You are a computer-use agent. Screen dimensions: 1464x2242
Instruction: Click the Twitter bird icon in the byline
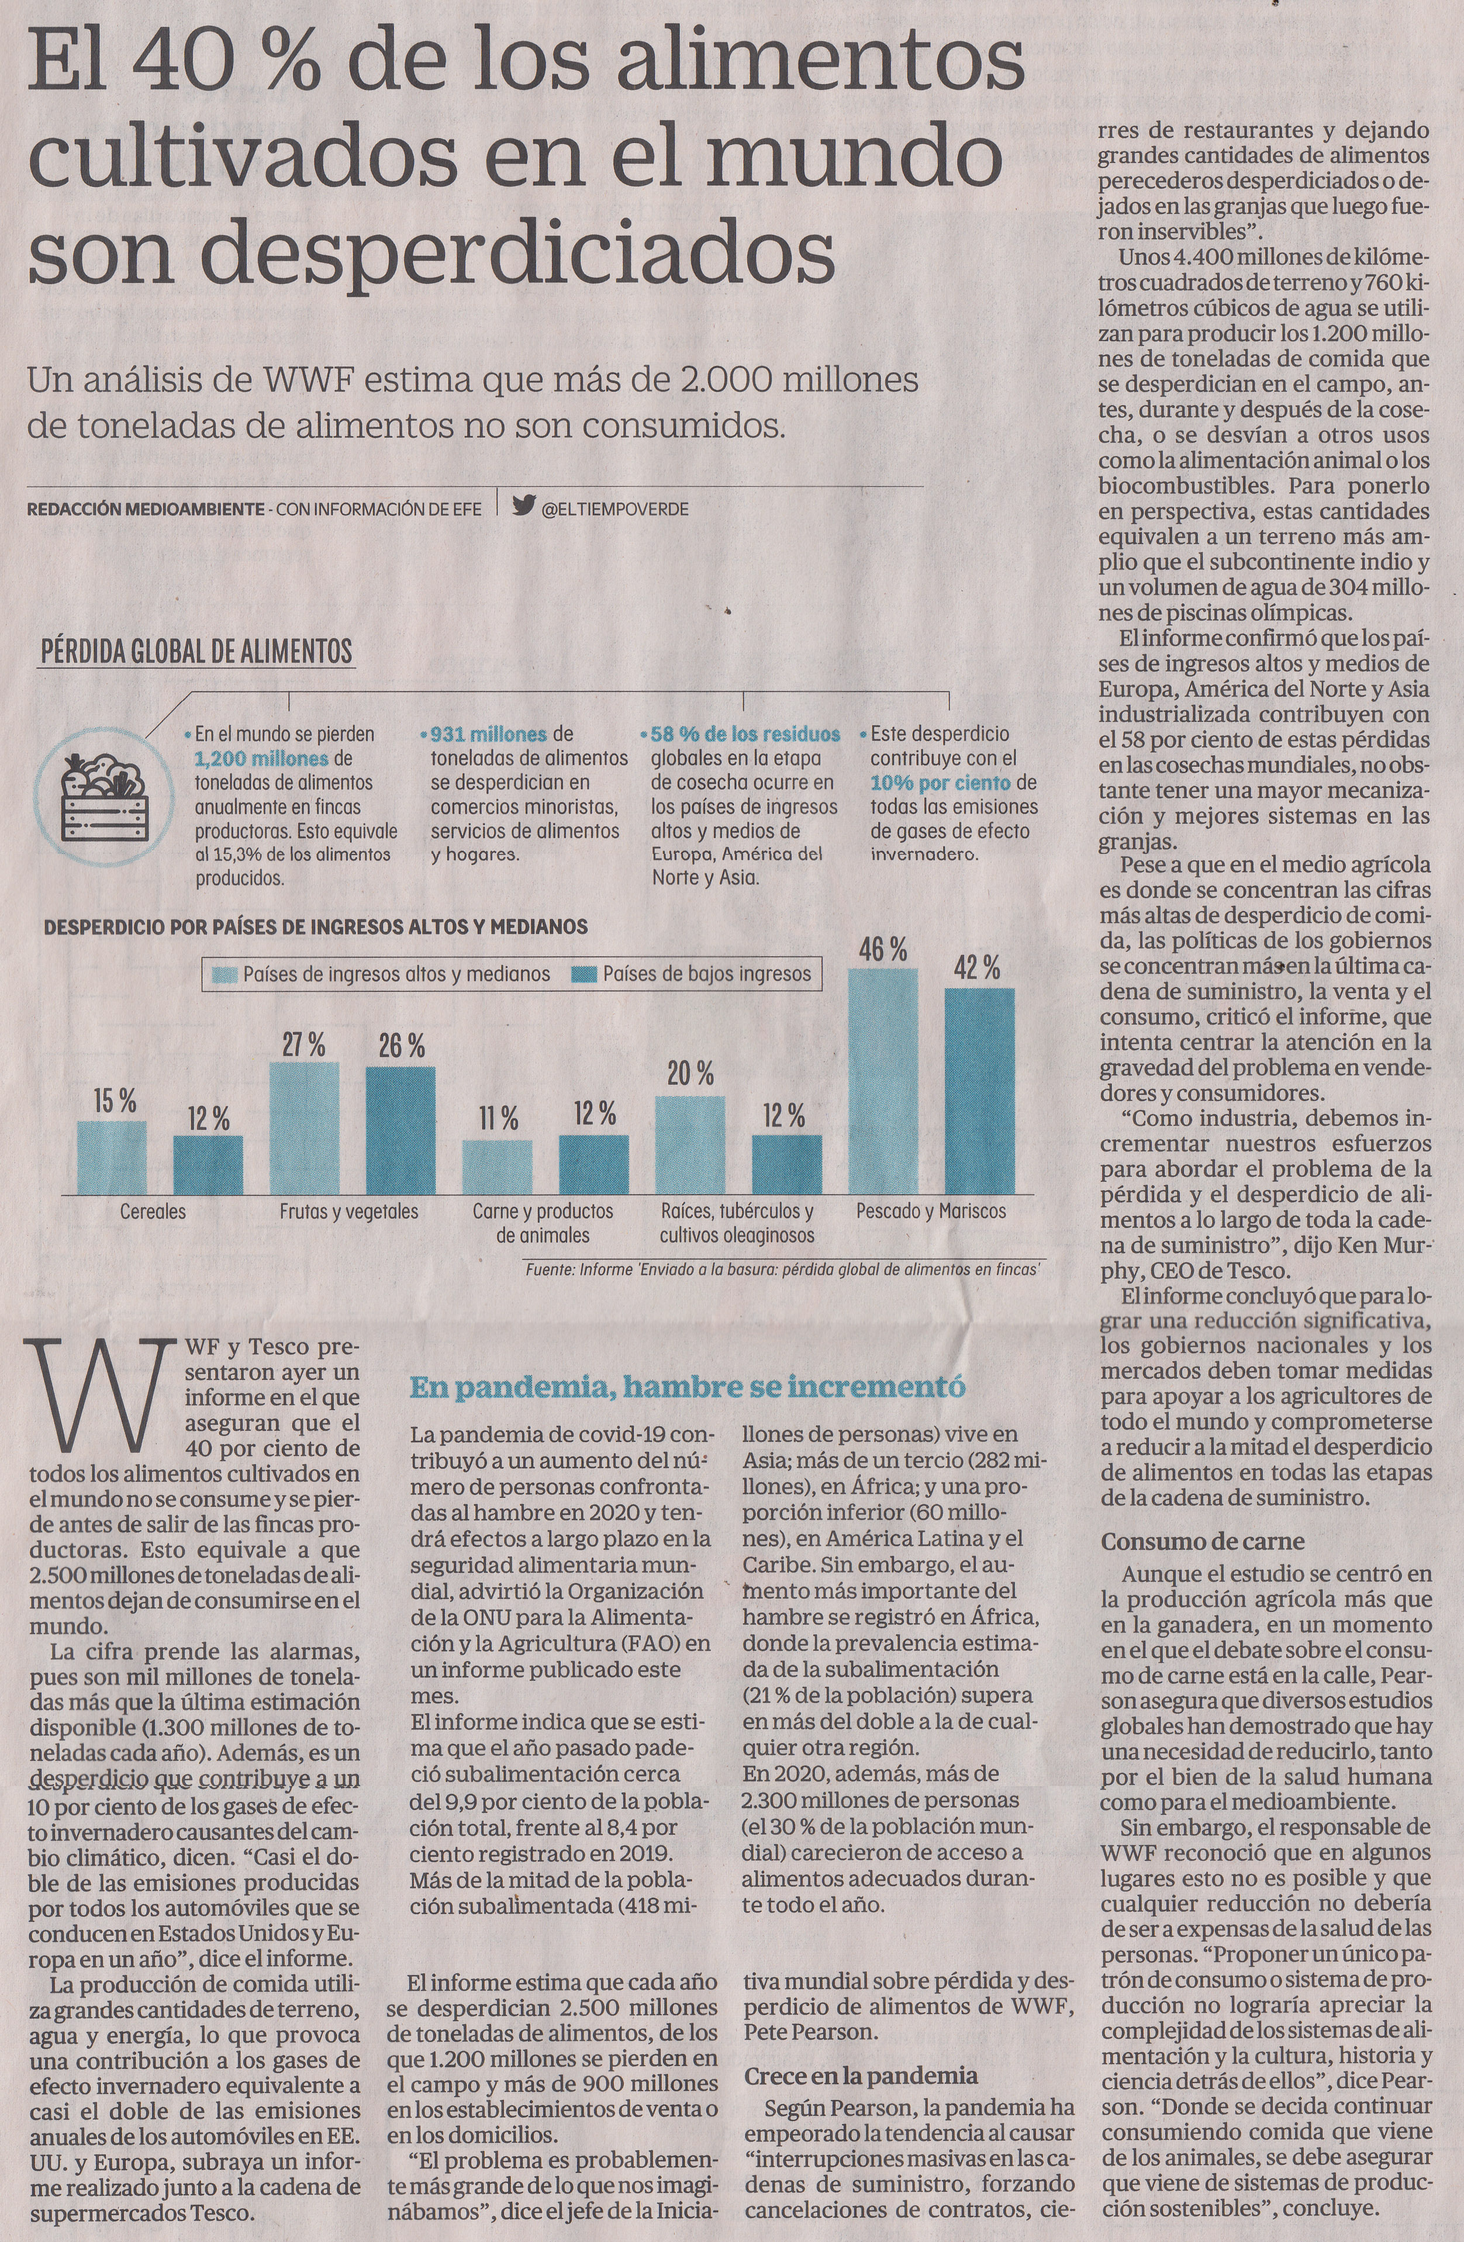pos(524,506)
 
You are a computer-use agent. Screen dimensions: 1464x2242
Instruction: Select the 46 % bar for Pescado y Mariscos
pos(883,1081)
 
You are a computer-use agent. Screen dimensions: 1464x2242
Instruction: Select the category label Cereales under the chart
pos(153,1212)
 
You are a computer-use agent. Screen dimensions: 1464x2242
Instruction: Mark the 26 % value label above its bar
pos(402,1046)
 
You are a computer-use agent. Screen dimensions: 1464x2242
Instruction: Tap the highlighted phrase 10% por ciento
pos(940,783)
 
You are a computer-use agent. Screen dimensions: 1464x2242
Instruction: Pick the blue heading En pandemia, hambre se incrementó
pos(687,1387)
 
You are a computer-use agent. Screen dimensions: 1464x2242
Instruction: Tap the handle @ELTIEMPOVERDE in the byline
pos(615,508)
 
